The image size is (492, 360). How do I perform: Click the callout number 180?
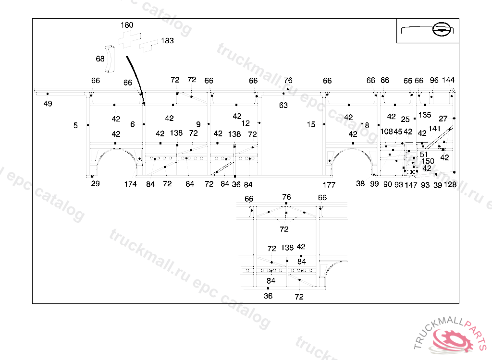pyautogui.click(x=127, y=25)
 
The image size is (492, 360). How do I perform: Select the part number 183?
pyautogui.click(x=167, y=41)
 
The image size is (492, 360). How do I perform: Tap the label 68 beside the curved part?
pyautogui.click(x=100, y=59)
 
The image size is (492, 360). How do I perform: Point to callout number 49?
pyautogui.click(x=48, y=104)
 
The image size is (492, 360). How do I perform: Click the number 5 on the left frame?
pyautogui.click(x=75, y=125)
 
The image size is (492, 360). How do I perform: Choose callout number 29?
pyautogui.click(x=96, y=184)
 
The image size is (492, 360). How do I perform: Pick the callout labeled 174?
pyautogui.click(x=130, y=184)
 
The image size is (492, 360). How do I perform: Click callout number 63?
pyautogui.click(x=283, y=105)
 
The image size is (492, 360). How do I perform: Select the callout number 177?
pyautogui.click(x=329, y=185)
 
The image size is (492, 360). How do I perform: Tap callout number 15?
pyautogui.click(x=311, y=125)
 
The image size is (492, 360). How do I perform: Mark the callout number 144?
pyautogui.click(x=448, y=80)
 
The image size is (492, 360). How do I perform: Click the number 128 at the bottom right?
pyautogui.click(x=450, y=185)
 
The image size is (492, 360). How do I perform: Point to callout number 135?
pyautogui.click(x=425, y=115)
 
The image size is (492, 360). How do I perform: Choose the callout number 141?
pyautogui.click(x=434, y=129)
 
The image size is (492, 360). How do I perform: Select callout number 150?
pyautogui.click(x=428, y=161)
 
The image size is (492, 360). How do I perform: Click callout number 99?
pyautogui.click(x=375, y=184)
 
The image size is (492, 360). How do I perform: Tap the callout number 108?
pyautogui.click(x=386, y=132)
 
